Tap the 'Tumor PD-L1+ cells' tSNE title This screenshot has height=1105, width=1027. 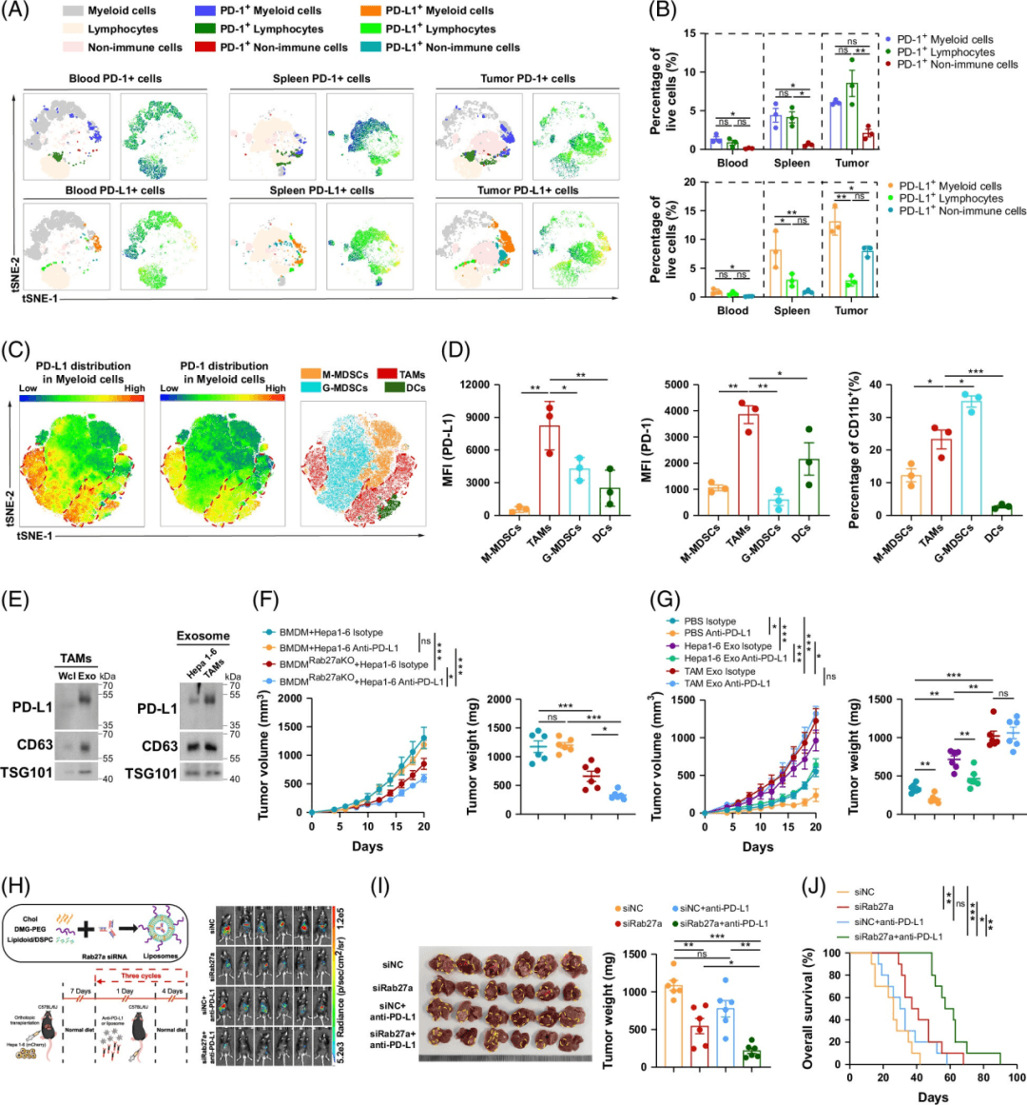tap(528, 190)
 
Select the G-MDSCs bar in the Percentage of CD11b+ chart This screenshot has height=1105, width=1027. tap(970, 458)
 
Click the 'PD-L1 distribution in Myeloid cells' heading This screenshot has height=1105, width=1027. tap(84, 372)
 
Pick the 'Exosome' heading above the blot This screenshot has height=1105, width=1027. tap(203, 636)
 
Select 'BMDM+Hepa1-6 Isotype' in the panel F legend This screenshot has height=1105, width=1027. tap(332, 632)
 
